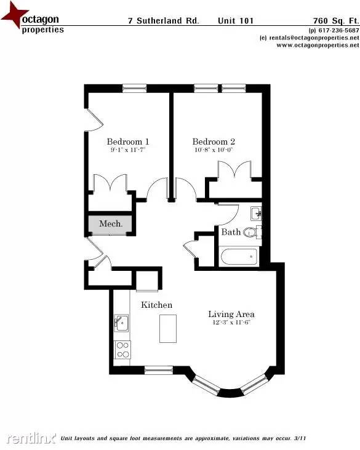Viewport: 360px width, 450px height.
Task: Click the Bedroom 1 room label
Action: [127, 140]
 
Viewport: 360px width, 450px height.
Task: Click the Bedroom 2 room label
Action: [214, 141]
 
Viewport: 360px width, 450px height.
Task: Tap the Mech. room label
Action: [111, 224]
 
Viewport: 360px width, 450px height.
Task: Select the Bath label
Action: [231, 232]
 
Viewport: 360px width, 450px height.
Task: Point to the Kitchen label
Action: [157, 305]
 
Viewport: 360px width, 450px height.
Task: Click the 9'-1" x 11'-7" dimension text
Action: [127, 150]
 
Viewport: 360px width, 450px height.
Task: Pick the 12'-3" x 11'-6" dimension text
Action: [231, 323]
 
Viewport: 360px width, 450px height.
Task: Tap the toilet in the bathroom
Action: [251, 232]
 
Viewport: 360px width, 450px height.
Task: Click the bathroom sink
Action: [257, 214]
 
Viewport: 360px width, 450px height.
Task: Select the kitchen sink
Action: [121, 323]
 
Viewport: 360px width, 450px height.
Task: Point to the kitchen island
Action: [168, 328]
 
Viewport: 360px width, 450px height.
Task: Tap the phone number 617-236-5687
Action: [337, 30]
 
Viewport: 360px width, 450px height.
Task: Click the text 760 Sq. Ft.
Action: [335, 20]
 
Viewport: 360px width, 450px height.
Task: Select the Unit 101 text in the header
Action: [235, 20]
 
